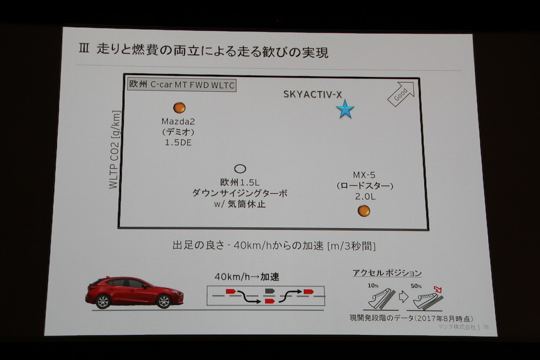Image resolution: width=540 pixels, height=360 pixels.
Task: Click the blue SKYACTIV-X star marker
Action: (345, 109)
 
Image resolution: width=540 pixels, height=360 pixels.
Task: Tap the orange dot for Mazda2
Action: (179, 107)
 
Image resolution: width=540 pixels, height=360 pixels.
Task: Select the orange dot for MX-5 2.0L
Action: (364, 211)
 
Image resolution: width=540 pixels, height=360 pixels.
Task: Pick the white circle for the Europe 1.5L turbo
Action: (239, 169)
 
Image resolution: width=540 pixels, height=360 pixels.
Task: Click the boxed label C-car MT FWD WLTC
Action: (182, 85)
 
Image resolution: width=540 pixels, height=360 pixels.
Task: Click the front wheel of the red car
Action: (162, 302)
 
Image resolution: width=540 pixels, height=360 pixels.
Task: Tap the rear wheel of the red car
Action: (103, 301)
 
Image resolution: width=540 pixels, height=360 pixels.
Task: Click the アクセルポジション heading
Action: (387, 273)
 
